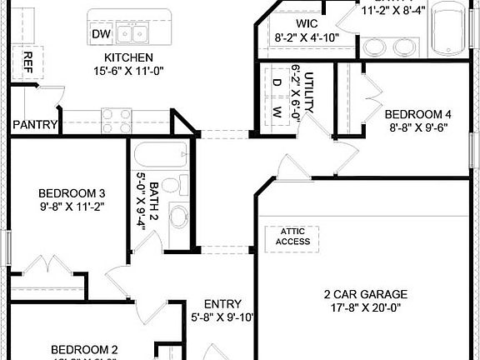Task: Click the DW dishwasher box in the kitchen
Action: [x=101, y=33]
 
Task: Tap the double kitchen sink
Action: [x=132, y=33]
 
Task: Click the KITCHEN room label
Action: [x=127, y=57]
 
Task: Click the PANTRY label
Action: [x=35, y=126]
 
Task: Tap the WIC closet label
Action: [x=306, y=23]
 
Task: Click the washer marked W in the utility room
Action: [x=277, y=111]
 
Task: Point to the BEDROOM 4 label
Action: [x=418, y=114]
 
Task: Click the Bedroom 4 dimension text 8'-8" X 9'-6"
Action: [x=418, y=128]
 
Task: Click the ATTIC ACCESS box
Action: [x=295, y=236]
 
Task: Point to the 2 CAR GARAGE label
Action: [x=365, y=293]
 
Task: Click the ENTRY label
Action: [x=222, y=304]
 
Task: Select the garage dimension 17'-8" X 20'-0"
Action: [x=365, y=307]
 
